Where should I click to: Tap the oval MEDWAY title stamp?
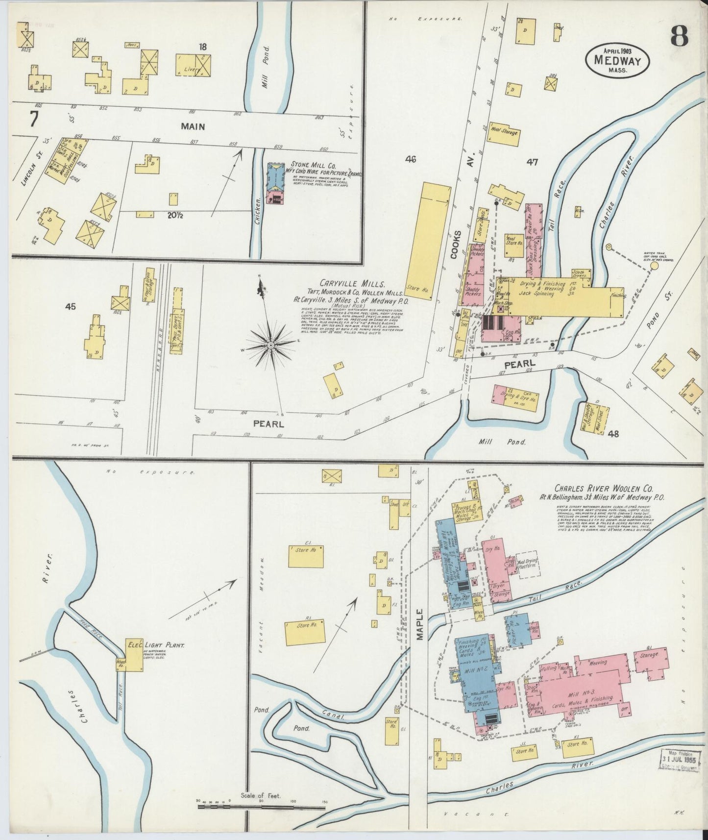(618, 59)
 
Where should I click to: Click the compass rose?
(270, 345)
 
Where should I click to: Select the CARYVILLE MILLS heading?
(353, 284)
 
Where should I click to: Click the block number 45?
(71, 306)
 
